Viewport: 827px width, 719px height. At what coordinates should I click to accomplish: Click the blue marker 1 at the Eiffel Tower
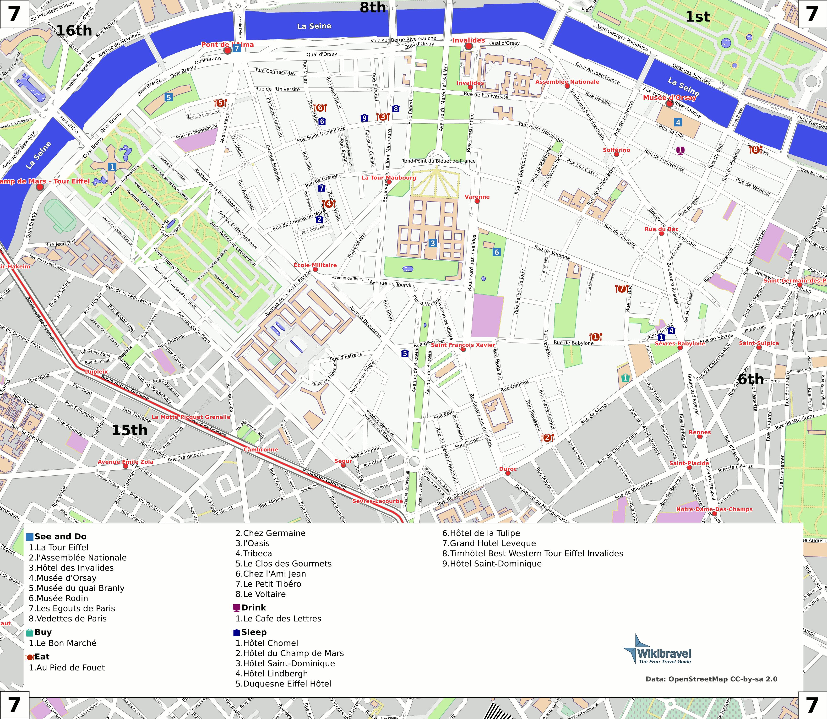point(112,167)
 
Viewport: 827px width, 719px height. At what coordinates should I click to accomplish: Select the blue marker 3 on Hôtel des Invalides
point(432,243)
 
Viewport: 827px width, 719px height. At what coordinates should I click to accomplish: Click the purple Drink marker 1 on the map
point(680,150)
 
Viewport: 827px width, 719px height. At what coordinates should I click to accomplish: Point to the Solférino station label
point(616,150)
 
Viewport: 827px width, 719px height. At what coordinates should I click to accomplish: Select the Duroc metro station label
point(508,469)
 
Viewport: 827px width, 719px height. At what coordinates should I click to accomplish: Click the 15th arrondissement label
point(129,430)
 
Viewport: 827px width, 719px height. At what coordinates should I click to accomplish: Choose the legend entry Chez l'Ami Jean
point(271,574)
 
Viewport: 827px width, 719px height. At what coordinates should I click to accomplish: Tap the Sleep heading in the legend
point(254,632)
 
